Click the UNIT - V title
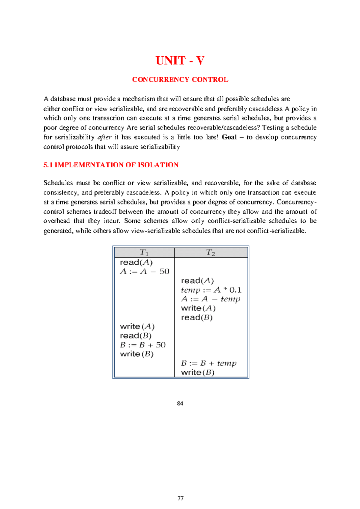(180, 61)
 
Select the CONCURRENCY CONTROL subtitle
(180, 80)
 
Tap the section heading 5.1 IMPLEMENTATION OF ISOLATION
(111, 165)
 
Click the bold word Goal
(229, 137)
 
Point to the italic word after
(104, 137)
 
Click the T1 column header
(144, 252)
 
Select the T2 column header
(211, 253)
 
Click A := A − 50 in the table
(145, 272)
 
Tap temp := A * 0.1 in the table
(211, 290)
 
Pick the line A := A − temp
(211, 299)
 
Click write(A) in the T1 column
(137, 326)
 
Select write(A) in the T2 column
(198, 308)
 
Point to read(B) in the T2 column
(197, 317)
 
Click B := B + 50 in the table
(143, 345)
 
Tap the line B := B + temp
(209, 363)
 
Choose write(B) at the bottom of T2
(198, 373)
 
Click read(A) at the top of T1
(136, 263)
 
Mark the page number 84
(180, 403)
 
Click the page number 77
(181, 499)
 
